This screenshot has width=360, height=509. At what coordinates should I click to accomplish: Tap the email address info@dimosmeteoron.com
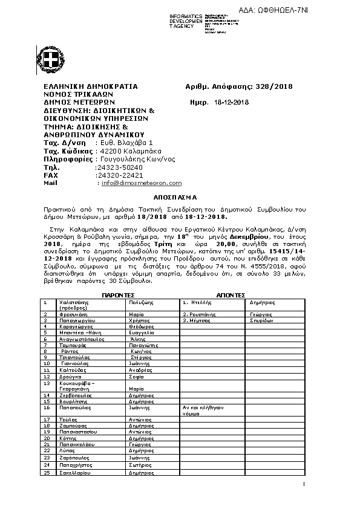click(x=141, y=183)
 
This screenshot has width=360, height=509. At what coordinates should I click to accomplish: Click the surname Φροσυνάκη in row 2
click(x=74, y=314)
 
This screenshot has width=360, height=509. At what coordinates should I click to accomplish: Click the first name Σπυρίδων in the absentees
click(x=261, y=320)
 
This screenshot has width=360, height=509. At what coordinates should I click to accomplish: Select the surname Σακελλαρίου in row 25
click(x=75, y=473)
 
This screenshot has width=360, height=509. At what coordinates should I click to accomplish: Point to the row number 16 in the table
click(x=45, y=407)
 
